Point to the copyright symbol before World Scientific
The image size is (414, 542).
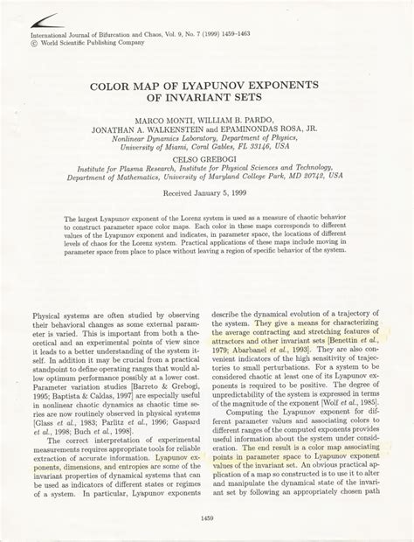pyautogui.click(x=36, y=41)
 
